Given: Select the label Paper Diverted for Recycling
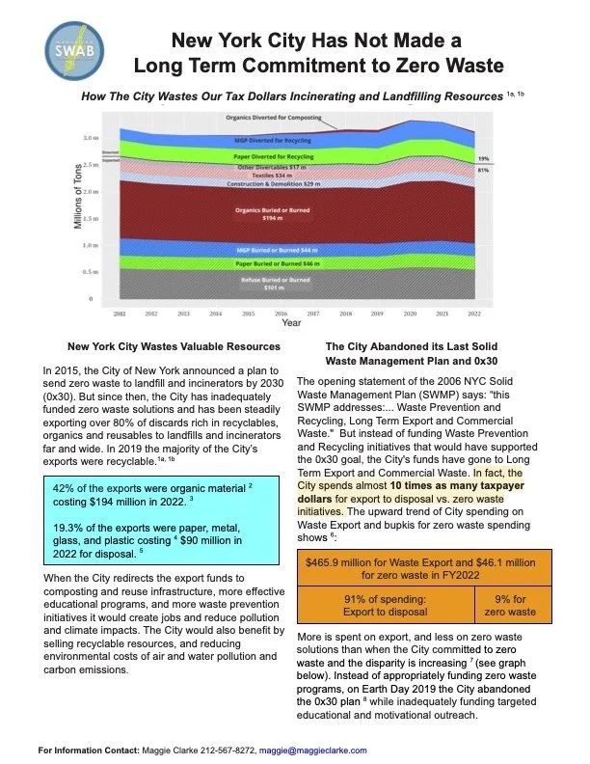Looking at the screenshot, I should [x=275, y=155].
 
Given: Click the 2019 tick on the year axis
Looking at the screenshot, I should [x=377, y=314].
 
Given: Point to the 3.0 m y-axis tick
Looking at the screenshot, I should [x=90, y=138].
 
